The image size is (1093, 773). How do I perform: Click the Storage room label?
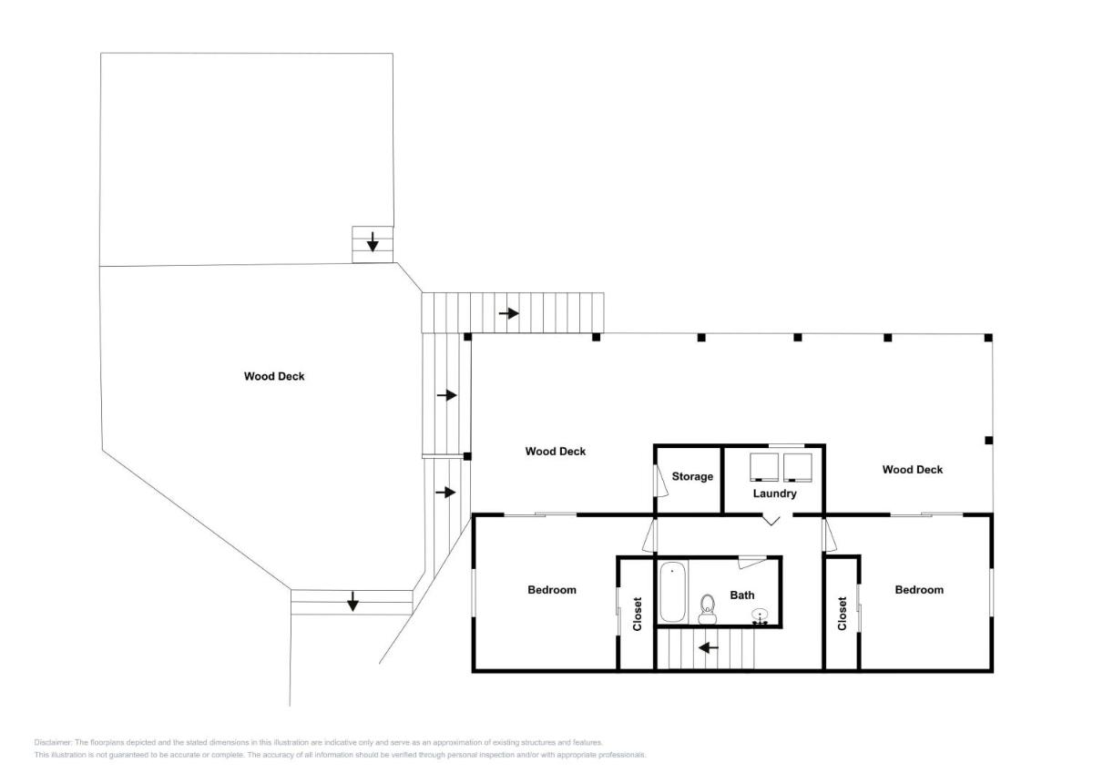coord(692,476)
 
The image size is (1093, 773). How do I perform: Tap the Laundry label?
coord(774,493)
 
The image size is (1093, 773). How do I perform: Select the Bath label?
coord(741,595)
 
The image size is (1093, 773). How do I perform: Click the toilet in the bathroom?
coord(707,609)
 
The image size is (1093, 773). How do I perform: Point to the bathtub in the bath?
coord(672,592)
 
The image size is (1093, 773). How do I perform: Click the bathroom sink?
coord(760,615)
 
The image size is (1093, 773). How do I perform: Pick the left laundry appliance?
coord(764,467)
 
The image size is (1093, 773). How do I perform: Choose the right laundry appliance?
coord(798,467)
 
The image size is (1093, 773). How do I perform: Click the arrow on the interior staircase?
coord(708,647)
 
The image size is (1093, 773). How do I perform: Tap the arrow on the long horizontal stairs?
coord(508,313)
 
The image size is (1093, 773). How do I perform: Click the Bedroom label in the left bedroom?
coord(552,590)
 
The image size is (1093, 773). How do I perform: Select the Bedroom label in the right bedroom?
coord(919,590)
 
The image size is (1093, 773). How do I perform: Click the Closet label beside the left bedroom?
coord(638,614)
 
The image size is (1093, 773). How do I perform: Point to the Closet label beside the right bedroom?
coord(842,613)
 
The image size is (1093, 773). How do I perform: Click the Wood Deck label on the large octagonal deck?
coord(274,376)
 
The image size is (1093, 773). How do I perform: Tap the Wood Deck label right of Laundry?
coord(913,470)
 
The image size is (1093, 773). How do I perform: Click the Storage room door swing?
coord(661,481)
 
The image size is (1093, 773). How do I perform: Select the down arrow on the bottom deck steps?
coord(352,601)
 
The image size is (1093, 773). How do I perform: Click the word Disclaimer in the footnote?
coord(53,743)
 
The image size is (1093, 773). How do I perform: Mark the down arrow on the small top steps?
coord(373,242)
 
